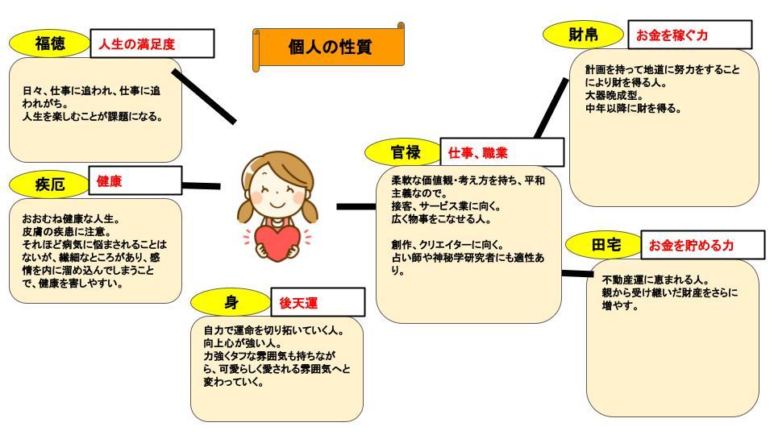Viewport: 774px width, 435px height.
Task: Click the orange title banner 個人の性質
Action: [329, 48]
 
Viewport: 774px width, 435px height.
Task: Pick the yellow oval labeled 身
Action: [231, 302]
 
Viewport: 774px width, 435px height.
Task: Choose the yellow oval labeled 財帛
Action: [583, 35]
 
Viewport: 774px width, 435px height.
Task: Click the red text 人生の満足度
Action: [137, 44]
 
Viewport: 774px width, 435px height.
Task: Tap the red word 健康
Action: [109, 181]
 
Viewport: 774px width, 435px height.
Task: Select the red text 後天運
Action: [298, 303]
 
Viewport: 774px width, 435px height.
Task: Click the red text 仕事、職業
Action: [478, 153]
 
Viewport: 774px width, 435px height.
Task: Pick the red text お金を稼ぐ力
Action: [672, 35]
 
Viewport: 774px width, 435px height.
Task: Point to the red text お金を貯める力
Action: [691, 245]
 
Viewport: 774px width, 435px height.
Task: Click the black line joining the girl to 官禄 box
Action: [356, 207]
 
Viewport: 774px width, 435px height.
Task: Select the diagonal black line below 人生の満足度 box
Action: [204, 96]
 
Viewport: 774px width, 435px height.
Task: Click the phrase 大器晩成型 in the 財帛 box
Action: [614, 95]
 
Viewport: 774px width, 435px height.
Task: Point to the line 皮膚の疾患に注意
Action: [67, 231]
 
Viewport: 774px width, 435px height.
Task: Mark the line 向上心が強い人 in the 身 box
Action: [243, 343]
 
